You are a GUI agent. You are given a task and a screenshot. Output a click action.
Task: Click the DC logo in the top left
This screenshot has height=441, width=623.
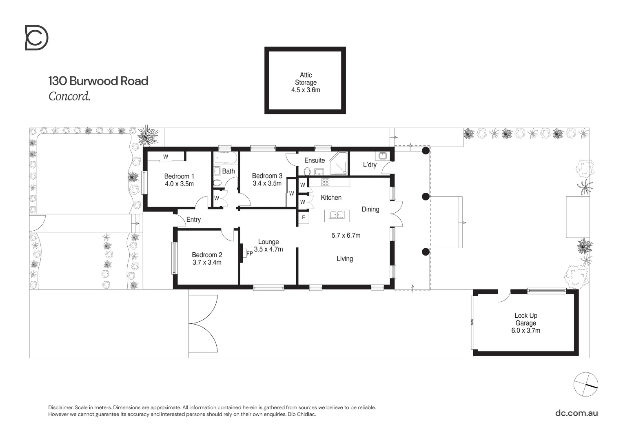coord(36,38)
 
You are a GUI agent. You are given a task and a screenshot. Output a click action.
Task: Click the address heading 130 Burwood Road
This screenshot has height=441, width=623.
coord(98,81)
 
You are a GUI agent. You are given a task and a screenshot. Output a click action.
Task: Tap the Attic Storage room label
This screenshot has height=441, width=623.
coord(306,79)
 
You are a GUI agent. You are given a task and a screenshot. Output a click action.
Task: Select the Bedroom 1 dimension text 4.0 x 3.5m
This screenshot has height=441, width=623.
coord(179,184)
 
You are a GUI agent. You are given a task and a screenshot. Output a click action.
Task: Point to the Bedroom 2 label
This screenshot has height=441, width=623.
coord(207,255)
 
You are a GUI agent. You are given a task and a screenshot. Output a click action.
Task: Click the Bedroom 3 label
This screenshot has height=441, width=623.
coord(267,176)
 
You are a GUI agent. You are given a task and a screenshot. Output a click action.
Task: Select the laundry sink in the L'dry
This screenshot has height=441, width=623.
coord(383,156)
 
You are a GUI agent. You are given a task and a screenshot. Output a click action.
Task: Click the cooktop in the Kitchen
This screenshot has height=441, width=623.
coord(325,182)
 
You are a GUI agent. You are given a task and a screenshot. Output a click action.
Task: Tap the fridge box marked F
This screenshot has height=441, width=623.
coord(304,218)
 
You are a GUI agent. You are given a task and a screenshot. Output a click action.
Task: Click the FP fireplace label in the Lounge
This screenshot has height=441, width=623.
coord(249,253)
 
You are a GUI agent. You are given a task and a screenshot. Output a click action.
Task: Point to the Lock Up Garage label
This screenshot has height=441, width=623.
coord(525,319)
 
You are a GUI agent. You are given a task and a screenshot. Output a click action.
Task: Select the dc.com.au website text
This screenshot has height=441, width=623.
coord(576,413)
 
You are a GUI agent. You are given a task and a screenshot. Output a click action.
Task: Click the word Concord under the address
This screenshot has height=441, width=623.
coord(69,96)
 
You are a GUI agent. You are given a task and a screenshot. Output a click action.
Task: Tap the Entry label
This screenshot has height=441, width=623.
coord(193,220)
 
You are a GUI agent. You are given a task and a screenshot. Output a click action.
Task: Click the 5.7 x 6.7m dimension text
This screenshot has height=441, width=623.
coord(346,235)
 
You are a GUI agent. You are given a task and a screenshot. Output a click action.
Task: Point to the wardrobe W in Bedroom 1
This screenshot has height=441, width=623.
coord(166,157)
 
